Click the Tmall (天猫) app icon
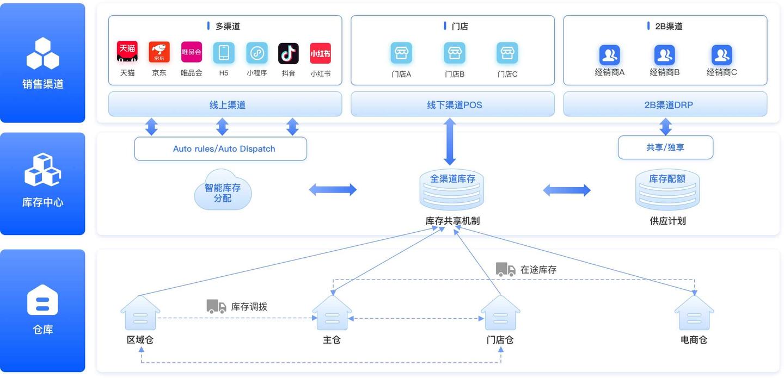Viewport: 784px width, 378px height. pos(127,52)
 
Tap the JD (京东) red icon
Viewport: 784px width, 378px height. pos(159,52)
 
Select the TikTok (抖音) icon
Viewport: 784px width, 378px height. pos(289,53)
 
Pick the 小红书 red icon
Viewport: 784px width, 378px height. pos(320,53)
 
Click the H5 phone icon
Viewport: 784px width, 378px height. pos(224,53)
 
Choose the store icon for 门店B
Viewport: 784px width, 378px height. pos(454,53)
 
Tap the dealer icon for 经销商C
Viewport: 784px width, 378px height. pos(721,55)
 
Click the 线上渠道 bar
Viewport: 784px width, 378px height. pos(225,104)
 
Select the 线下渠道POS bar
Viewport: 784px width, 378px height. pos(452,104)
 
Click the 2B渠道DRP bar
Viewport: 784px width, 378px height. pos(665,104)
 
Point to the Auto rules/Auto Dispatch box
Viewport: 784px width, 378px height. pos(220,148)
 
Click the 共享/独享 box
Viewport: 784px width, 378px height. pos(665,147)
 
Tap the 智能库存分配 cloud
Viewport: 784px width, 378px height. pos(223,190)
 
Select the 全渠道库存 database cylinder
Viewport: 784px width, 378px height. pos(452,190)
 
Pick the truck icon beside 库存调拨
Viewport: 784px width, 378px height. pos(216,306)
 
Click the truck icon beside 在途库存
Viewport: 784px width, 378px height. pos(505,269)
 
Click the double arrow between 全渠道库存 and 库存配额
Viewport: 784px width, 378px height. pos(567,190)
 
